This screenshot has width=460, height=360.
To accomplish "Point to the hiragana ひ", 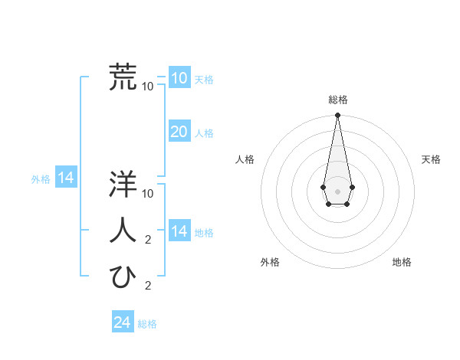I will coord(123,277).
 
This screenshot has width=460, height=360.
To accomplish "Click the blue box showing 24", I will coord(122,322).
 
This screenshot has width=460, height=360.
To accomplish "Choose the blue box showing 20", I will coord(179,132).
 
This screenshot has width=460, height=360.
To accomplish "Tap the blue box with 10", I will coord(179,78).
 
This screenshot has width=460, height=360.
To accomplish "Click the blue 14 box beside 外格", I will coord(66,178).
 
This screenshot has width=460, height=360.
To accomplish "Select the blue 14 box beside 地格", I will coord(179,231).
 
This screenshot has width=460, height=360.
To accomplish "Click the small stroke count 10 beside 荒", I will coord(148,86).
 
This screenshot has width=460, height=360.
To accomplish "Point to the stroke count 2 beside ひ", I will coord(148,286).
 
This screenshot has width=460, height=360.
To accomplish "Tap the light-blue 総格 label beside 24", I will coord(147,324).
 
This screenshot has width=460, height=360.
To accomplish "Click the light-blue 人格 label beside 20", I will coord(204,133).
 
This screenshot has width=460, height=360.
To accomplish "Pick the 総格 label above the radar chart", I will coord(337,100).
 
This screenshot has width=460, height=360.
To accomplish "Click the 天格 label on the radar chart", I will coord(431,159).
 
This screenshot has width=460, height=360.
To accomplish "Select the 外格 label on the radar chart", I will coord(270,262).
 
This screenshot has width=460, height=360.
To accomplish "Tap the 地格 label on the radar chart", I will coord(402,262).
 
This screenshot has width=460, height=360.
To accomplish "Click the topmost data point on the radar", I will coord(337,115).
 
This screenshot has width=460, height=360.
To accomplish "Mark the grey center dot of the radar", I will coord(337,190).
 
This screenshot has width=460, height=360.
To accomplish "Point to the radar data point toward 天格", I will coord(352,187).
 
